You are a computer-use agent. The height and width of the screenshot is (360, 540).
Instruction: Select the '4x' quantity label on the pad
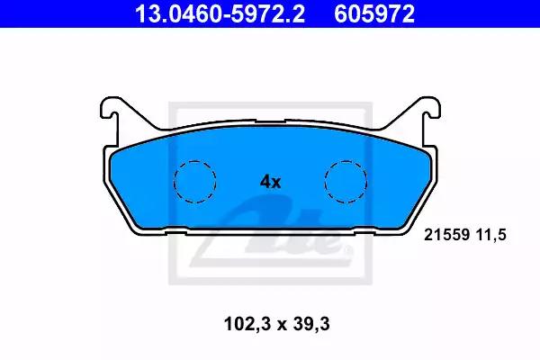coord(271,181)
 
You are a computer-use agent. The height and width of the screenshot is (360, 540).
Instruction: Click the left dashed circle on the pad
coord(194,180)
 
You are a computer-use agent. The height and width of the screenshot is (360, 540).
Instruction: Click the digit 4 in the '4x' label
coord(265,181)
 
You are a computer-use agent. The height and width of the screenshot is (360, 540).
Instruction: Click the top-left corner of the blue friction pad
coord(113,151)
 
